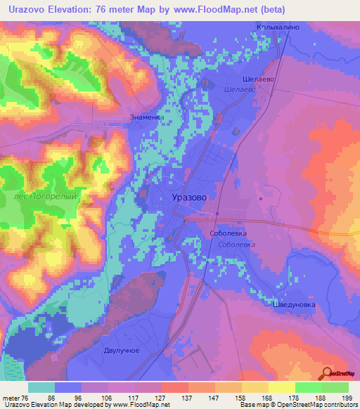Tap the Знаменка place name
pos(147,117)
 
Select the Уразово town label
pos(189,198)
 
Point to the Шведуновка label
pos(294,306)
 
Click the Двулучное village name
pos(122,350)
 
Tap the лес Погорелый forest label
pos(45,197)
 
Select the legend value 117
pos(133,397)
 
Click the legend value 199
pos(347,397)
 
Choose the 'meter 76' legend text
pos(15,397)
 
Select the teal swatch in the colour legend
pos(41,387)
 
